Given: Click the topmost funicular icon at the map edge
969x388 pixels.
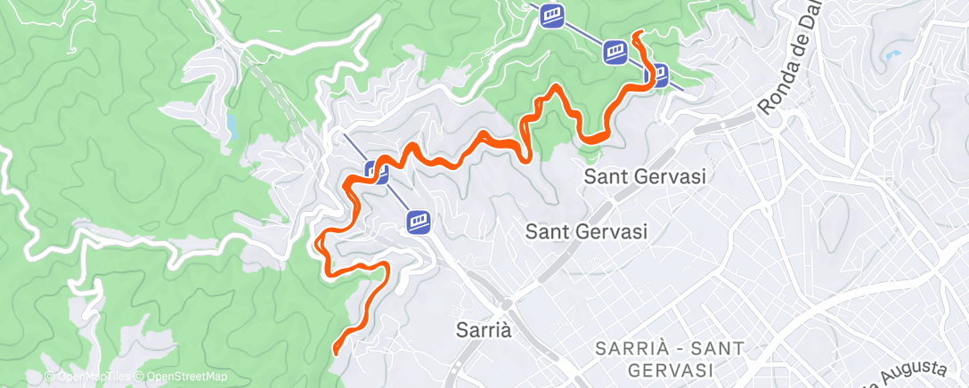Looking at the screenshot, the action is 552,15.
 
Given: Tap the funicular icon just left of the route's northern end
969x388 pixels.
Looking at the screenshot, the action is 614,52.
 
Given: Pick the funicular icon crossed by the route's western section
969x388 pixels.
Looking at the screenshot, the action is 377,171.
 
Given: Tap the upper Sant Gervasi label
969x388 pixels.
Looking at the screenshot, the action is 645,176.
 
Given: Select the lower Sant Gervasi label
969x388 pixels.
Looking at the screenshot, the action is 586,232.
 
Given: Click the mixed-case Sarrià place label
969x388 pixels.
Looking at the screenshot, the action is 484,330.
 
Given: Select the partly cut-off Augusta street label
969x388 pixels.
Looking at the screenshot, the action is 926,371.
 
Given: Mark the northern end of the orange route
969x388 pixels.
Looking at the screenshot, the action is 637,34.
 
